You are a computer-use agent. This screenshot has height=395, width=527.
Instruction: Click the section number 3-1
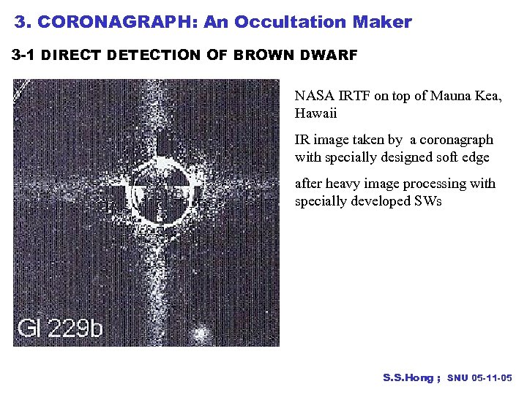pyautogui.click(x=24, y=56)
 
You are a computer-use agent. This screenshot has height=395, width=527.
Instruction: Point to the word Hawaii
pyautogui.click(x=316, y=113)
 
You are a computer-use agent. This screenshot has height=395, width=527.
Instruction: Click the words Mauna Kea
pyautogui.click(x=466, y=96)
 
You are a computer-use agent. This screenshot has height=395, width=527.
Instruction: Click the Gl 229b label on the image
pyautogui.click(x=60, y=327)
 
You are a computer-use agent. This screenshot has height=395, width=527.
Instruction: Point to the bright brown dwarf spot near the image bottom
pyautogui.click(x=198, y=334)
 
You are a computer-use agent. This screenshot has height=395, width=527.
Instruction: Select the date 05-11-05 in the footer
pyautogui.click(x=493, y=378)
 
